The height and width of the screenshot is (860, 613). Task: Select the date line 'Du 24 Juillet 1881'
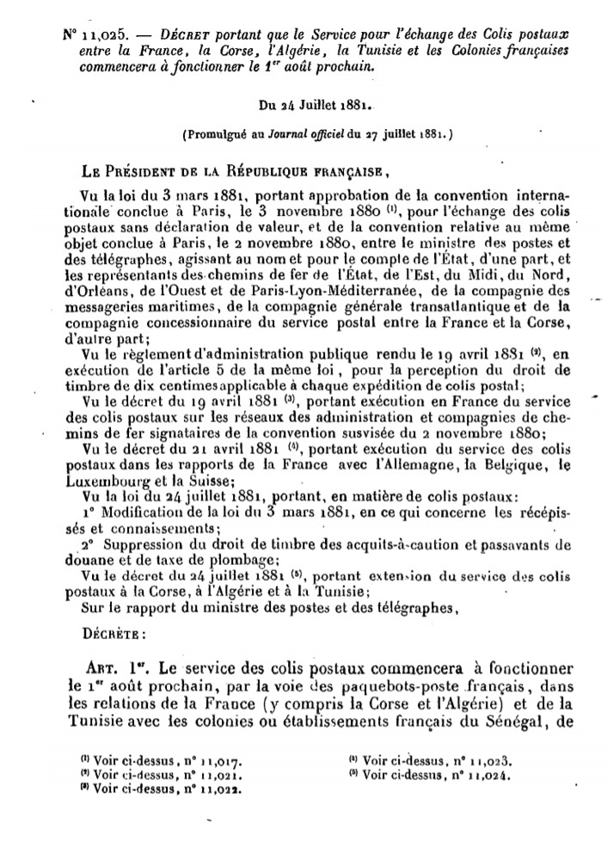click(315, 107)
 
